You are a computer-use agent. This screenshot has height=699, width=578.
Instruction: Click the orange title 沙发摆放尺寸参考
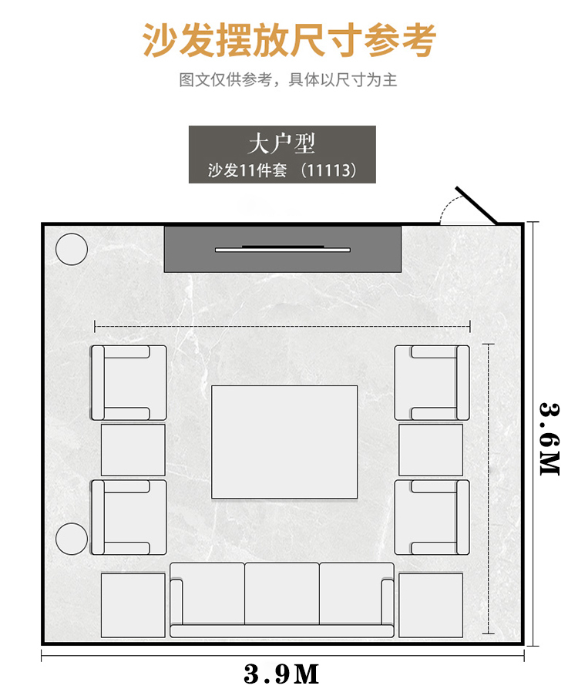tap(289, 40)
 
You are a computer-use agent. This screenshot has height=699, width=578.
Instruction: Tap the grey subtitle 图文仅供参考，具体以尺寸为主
tap(288, 80)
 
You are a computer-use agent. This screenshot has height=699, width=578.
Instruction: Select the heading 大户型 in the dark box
tap(281, 143)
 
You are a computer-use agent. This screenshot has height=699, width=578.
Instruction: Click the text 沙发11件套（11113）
tap(283, 170)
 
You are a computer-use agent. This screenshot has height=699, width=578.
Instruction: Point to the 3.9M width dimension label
tap(281, 674)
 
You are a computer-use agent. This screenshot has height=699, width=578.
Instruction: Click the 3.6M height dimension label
tap(549, 439)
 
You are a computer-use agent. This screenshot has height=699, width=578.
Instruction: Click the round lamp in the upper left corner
tap(72, 249)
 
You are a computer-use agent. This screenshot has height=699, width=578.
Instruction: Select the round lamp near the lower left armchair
tap(72, 539)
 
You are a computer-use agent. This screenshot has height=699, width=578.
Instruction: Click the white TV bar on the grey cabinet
tap(283, 250)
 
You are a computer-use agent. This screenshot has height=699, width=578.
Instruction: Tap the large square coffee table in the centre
tap(284, 442)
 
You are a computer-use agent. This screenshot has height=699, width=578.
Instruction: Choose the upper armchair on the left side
tap(129, 382)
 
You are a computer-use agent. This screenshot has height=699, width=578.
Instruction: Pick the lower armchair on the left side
tap(129, 517)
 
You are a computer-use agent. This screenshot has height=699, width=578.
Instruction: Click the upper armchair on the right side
tap(432, 382)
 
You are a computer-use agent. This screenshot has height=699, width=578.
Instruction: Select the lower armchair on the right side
tap(432, 517)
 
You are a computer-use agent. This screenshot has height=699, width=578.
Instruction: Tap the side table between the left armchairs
tap(133, 450)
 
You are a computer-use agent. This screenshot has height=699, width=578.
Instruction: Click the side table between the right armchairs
tap(431, 450)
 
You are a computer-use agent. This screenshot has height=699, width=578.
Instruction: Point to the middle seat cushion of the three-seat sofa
tap(281, 593)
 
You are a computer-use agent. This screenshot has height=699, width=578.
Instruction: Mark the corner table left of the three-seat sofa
tap(133, 605)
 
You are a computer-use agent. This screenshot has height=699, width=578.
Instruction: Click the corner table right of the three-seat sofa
tap(431, 605)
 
